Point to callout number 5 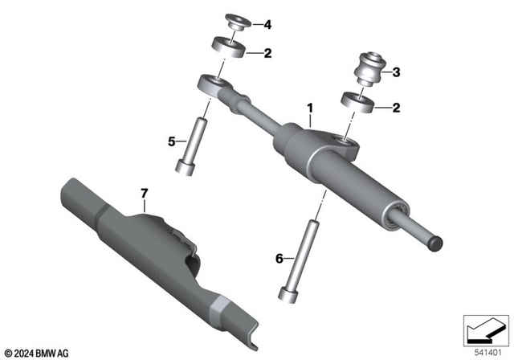pyautogui.click(x=171, y=141)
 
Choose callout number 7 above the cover pyautogui.click(x=145, y=193)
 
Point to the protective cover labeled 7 pyautogui.click(x=153, y=249)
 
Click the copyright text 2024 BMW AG pyautogui.click(x=37, y=351)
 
